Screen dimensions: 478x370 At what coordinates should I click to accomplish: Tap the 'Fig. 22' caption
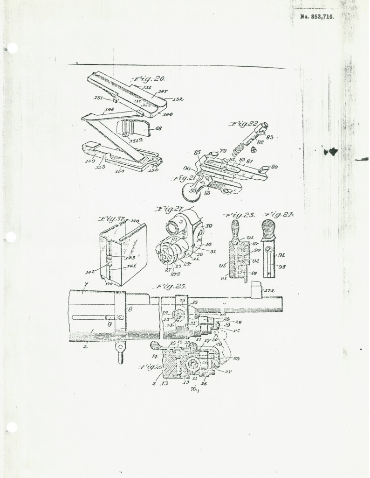(244, 125)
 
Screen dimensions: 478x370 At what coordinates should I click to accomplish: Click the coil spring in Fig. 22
(239, 149)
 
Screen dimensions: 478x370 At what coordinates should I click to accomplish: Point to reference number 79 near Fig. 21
(223, 151)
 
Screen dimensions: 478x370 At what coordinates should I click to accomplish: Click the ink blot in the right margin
(332, 151)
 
